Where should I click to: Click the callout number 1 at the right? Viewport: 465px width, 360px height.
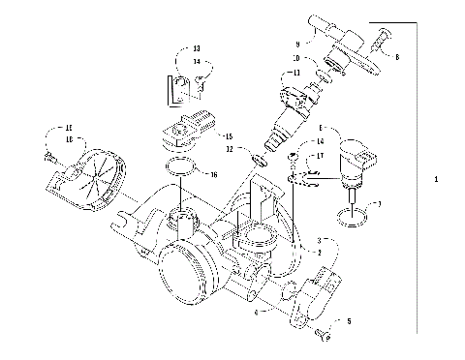point(437,181)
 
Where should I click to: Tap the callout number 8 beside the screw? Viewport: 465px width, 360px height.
point(396,57)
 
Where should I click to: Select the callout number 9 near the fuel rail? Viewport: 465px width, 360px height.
point(297,44)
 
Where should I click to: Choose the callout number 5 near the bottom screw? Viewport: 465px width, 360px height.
point(351,320)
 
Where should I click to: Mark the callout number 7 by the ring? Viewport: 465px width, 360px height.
point(380,204)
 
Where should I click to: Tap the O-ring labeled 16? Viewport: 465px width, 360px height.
point(181,171)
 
